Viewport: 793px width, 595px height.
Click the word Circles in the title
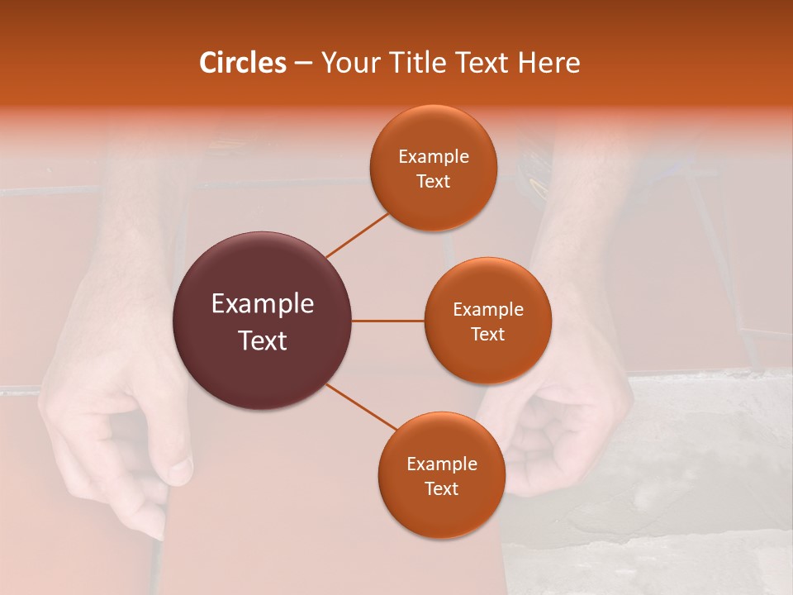(x=243, y=63)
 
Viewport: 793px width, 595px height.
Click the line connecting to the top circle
(x=357, y=235)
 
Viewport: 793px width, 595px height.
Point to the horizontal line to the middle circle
(x=387, y=321)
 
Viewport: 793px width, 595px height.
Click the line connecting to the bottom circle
(x=362, y=407)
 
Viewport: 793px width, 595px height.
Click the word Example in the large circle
(x=262, y=304)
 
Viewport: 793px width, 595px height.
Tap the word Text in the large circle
(x=262, y=340)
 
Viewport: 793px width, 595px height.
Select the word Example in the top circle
(x=433, y=157)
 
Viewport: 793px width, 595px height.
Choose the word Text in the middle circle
(x=487, y=334)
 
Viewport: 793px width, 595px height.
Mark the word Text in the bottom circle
(x=441, y=488)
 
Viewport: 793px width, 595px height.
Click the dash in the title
(x=303, y=64)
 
